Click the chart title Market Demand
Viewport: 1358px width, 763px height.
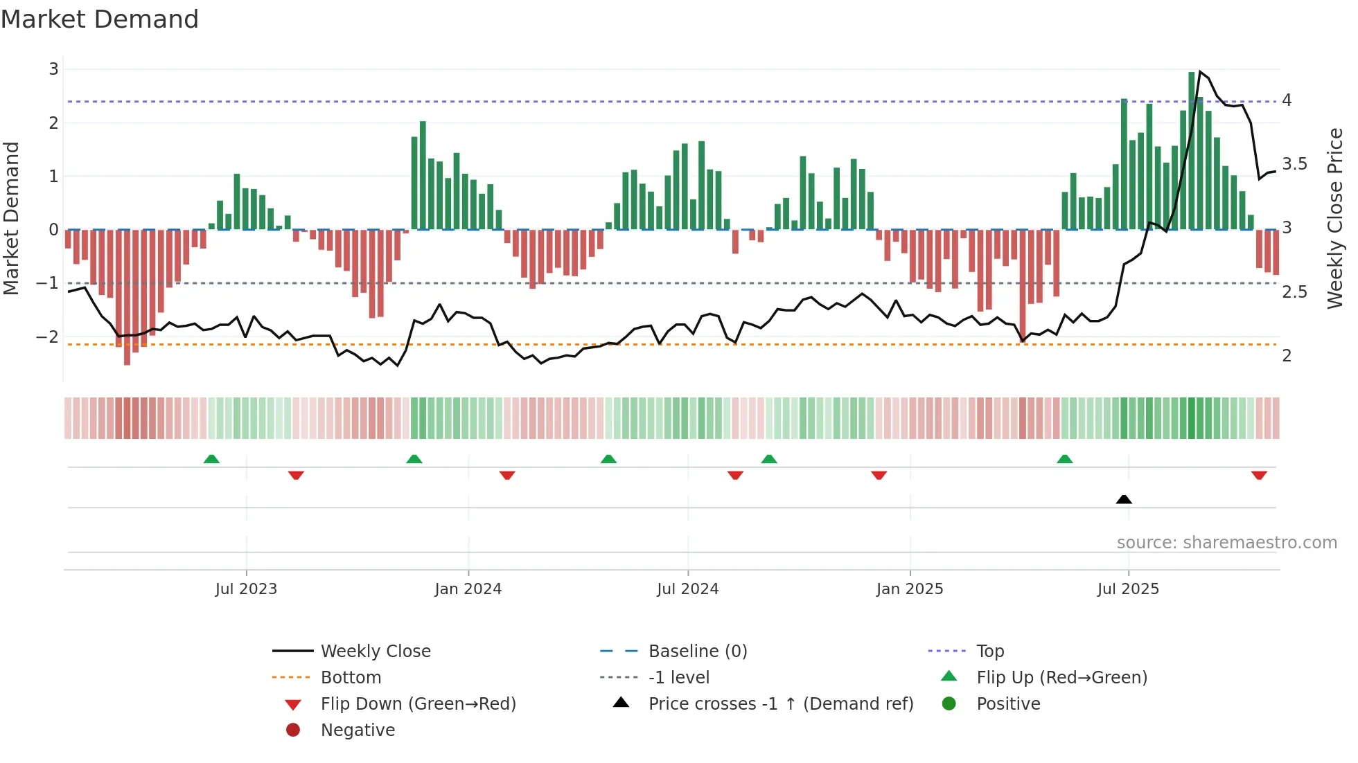[x=100, y=19]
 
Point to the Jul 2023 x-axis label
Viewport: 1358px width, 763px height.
[x=246, y=589]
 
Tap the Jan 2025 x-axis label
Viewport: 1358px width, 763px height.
[x=909, y=589]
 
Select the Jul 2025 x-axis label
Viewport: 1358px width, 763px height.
[x=1128, y=589]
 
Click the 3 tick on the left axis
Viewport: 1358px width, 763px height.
[x=53, y=69]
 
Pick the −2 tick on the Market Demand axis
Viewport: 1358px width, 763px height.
[x=48, y=337]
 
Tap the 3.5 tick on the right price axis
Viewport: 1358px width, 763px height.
[x=1294, y=164]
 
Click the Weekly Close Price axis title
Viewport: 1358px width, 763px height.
[x=1334, y=218]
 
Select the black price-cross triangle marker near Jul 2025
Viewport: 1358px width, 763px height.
[x=1124, y=499]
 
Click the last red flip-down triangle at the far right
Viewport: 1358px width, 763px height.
[x=1259, y=476]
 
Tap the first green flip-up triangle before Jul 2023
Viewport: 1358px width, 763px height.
[x=211, y=459]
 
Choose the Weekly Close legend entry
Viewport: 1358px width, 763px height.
[x=375, y=652]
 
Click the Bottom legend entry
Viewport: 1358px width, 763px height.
[x=351, y=678]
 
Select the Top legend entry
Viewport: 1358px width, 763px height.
[x=989, y=652]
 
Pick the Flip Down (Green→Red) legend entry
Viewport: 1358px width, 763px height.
[x=418, y=704]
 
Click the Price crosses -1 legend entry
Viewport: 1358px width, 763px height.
[x=780, y=704]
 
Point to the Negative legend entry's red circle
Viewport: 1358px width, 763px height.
[x=293, y=730]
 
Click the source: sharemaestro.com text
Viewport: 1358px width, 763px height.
[x=1226, y=543]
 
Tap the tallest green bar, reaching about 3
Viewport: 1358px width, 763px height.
[x=1192, y=151]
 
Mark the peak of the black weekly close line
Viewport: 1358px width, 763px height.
[x=1200, y=72]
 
